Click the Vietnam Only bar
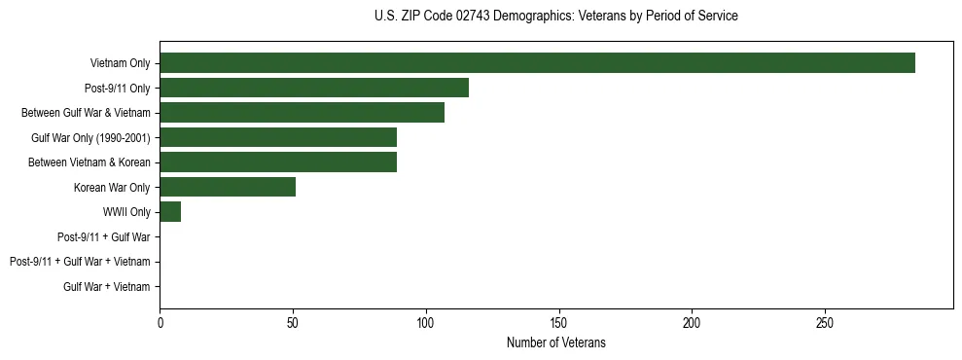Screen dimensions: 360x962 537,63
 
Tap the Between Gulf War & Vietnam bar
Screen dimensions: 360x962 302,113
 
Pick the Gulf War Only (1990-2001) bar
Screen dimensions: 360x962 278,137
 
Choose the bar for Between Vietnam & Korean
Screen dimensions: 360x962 278,162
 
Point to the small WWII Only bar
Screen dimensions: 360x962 170,212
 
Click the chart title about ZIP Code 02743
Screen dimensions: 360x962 555,17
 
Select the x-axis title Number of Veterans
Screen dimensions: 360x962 555,342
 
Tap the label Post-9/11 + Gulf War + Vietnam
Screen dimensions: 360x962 80,262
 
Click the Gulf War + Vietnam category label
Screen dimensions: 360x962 107,286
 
